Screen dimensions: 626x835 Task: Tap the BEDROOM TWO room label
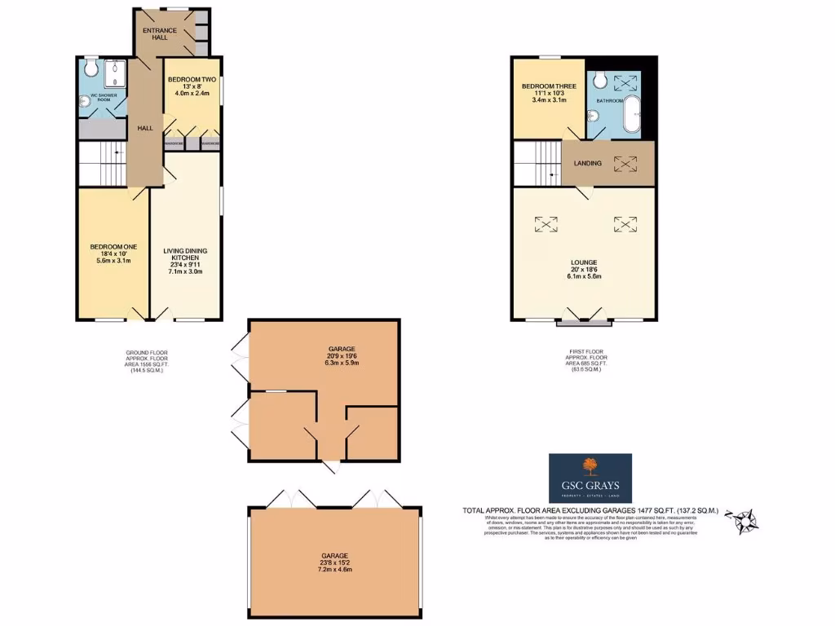click(x=192, y=80)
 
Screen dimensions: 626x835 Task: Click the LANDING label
click(x=587, y=163)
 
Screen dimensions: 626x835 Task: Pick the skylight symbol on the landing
click(x=625, y=163)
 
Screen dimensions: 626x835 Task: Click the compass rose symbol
click(x=744, y=519)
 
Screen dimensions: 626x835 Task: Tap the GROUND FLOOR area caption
click(x=146, y=361)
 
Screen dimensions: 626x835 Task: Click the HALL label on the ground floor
click(x=145, y=128)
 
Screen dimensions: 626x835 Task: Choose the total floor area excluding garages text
click(x=590, y=510)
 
